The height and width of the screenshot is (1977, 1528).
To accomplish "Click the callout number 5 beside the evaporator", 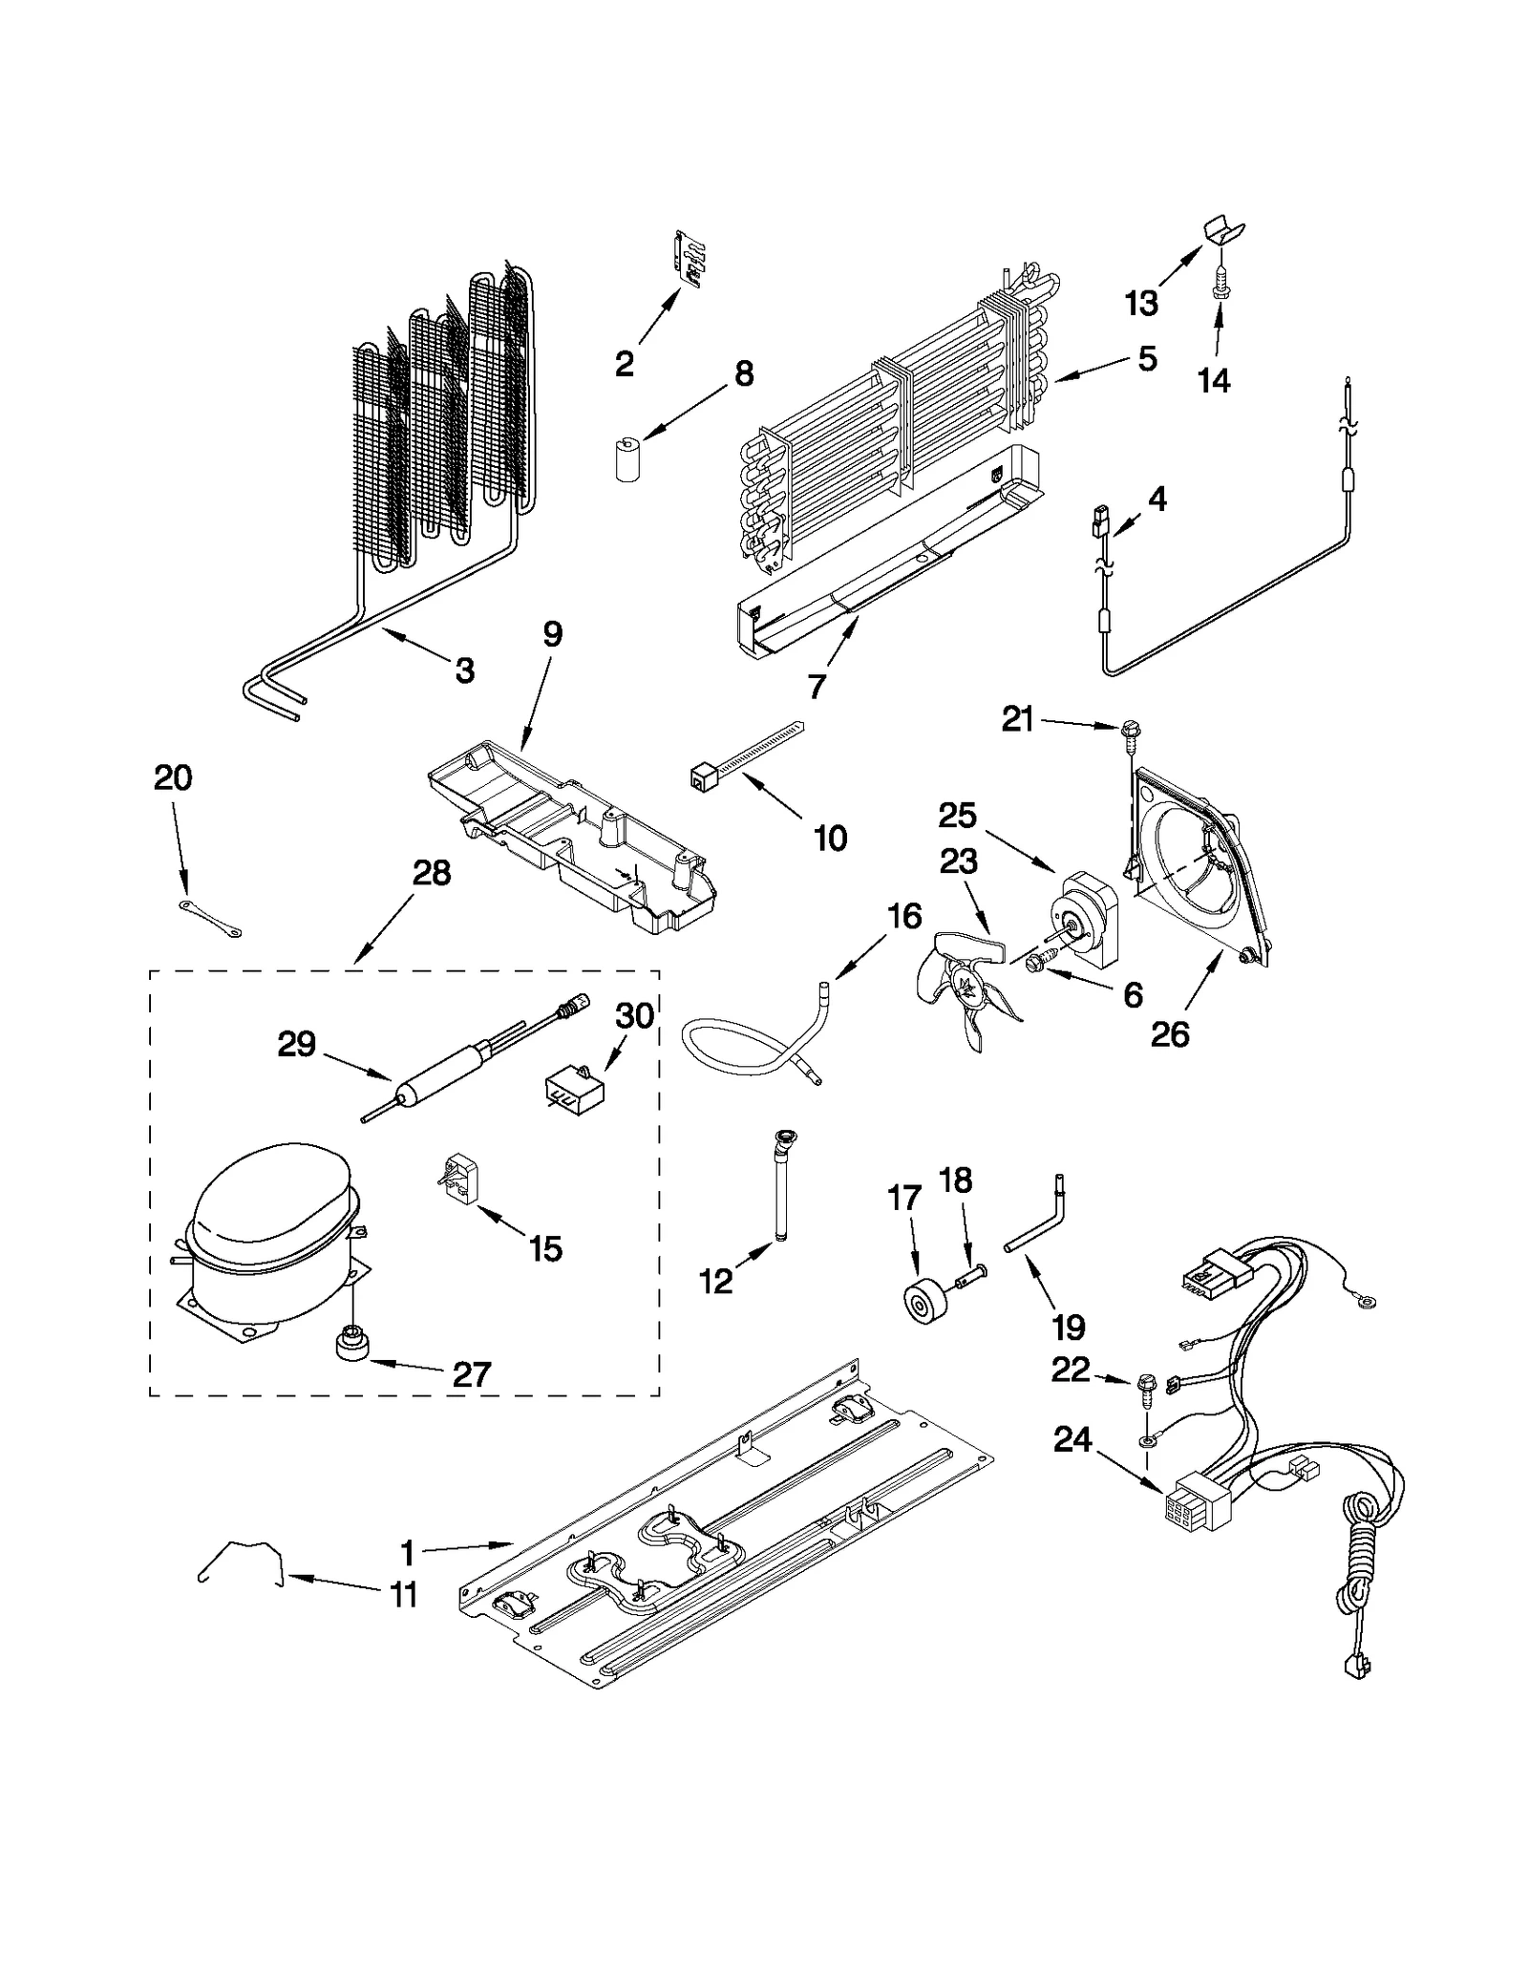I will tap(1147, 359).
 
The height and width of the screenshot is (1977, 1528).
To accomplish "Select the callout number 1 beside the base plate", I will tap(408, 1553).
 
